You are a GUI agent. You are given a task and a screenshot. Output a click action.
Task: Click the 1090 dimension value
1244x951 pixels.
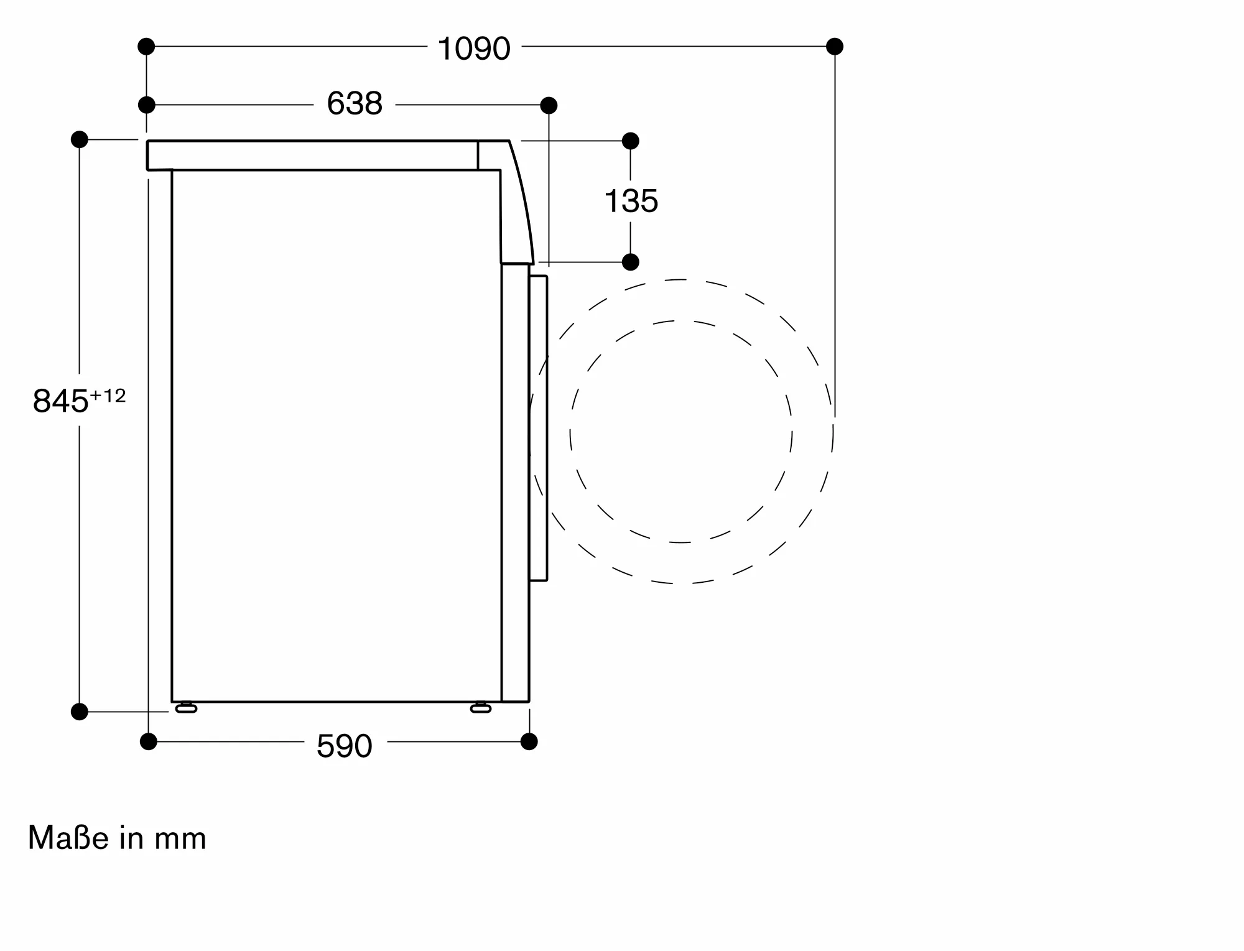(x=474, y=49)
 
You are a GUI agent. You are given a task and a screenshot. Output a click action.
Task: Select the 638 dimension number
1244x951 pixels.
(x=355, y=104)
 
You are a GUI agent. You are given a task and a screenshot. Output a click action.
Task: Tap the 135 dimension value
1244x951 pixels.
(x=631, y=202)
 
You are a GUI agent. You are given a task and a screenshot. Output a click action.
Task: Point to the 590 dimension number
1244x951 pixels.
(x=344, y=746)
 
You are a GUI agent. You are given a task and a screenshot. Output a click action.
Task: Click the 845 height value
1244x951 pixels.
(x=60, y=401)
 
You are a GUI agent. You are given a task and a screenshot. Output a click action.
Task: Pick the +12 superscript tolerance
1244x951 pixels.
(x=108, y=396)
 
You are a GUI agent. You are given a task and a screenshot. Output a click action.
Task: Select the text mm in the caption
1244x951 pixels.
(x=180, y=839)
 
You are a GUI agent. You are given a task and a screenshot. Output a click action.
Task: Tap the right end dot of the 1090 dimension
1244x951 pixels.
(x=835, y=47)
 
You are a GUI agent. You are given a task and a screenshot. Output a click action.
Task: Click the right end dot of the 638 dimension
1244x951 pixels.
(x=549, y=106)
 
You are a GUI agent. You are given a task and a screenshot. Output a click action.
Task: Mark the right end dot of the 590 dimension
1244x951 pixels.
(x=529, y=741)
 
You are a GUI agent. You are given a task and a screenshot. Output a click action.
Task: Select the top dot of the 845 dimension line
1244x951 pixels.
(x=80, y=139)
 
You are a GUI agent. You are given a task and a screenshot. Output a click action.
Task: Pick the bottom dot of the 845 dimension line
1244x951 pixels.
(x=80, y=712)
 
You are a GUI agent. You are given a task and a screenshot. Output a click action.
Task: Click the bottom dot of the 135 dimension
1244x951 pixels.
(x=631, y=262)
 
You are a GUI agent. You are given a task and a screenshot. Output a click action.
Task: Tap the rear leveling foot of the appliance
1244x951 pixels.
(x=186, y=708)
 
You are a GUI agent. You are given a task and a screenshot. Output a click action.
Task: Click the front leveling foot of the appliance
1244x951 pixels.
(x=481, y=708)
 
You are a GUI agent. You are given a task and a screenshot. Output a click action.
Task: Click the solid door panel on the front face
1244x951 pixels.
(x=538, y=428)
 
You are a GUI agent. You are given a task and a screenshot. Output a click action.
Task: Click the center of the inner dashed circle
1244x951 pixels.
(x=681, y=432)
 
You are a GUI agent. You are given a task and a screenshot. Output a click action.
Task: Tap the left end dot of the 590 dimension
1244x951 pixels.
(x=148, y=741)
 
